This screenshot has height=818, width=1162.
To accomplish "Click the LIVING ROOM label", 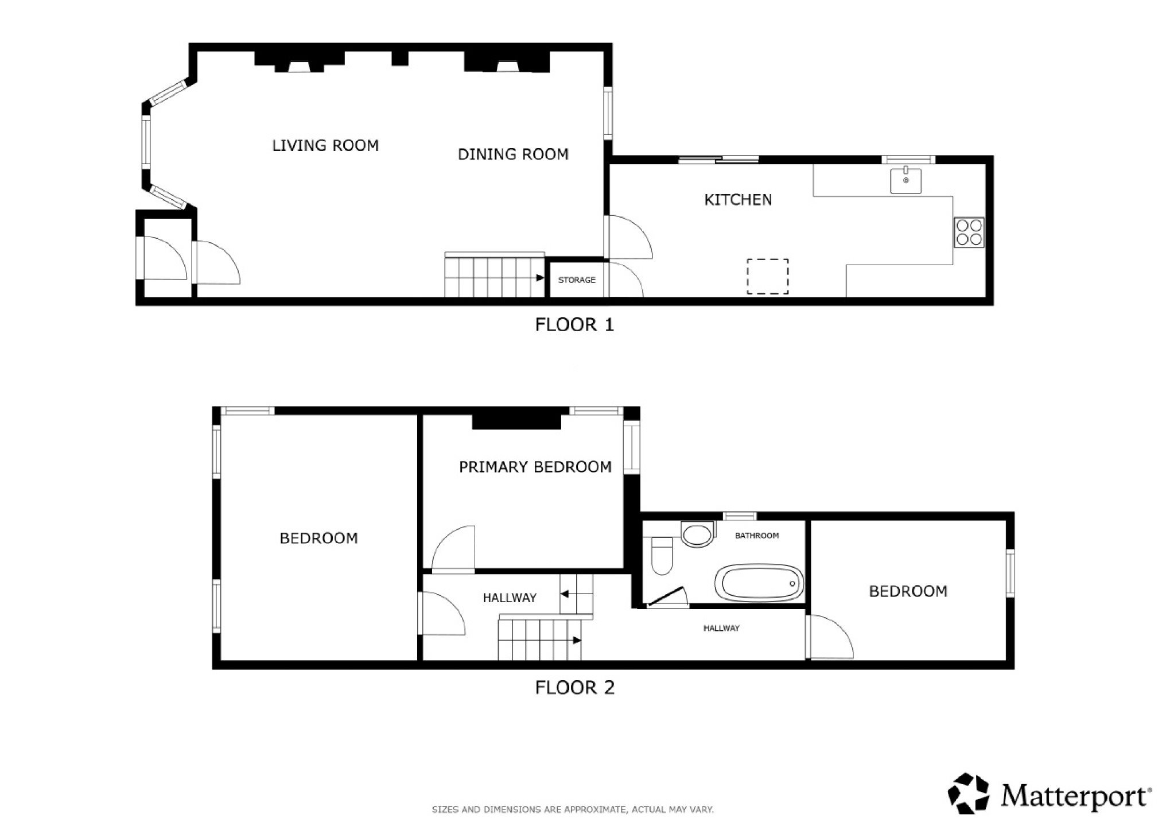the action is (x=325, y=146).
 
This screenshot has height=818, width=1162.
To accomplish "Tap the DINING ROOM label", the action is (x=513, y=154).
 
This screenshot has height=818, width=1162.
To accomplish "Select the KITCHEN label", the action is (x=738, y=200).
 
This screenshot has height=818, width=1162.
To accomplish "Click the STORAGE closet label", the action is (x=577, y=280).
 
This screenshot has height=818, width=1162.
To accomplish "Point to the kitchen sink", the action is (x=906, y=180).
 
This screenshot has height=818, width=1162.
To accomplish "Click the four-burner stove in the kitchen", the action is (x=969, y=232).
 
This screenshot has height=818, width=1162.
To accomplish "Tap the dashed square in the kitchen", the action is (x=767, y=277).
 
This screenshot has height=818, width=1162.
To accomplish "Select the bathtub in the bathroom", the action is (x=759, y=583).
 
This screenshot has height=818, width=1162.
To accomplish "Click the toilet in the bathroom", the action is (x=662, y=555).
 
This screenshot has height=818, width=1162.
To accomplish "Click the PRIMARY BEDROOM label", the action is (x=535, y=467).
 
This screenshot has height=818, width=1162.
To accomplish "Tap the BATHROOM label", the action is (x=757, y=536).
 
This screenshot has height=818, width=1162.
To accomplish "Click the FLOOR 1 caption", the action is (x=574, y=325).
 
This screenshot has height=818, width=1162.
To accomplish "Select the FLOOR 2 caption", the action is (x=574, y=688).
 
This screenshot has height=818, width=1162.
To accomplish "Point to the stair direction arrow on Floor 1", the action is (x=541, y=278).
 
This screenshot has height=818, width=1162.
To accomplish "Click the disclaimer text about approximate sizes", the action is (x=573, y=809).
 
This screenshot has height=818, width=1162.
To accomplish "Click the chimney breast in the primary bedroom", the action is (x=516, y=421).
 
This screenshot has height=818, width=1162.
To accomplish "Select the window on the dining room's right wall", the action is (x=608, y=113).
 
